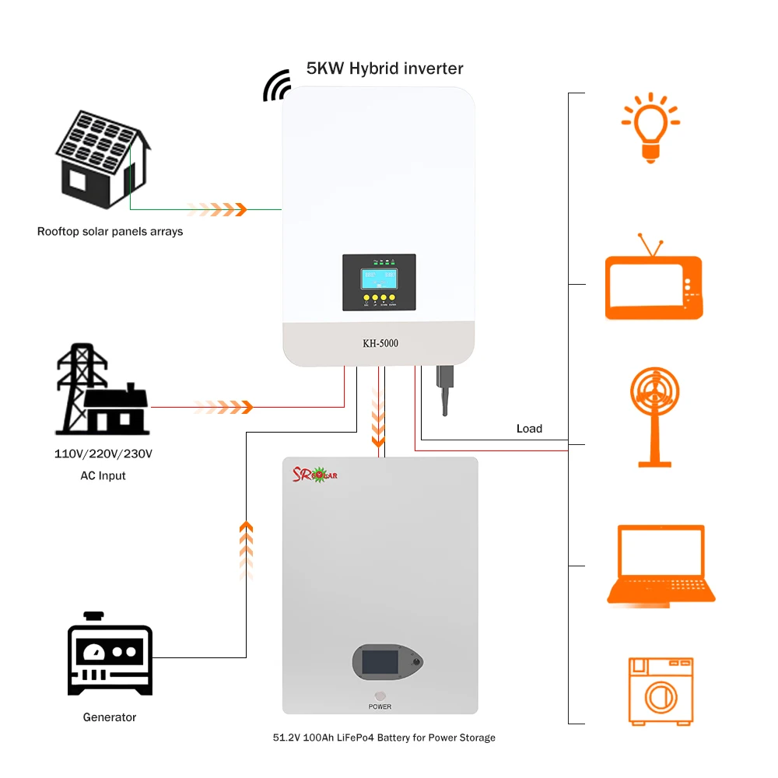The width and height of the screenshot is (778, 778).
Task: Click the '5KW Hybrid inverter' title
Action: [x=384, y=68]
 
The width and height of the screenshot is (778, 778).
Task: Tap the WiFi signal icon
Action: [x=277, y=86]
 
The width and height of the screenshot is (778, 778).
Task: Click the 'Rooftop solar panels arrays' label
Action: [x=110, y=231]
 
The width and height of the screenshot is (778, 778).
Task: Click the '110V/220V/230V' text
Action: [x=103, y=454]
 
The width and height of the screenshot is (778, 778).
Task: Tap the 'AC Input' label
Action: [x=103, y=475]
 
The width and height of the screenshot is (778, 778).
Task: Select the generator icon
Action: [x=110, y=654]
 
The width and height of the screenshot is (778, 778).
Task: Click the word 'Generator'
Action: [x=110, y=717]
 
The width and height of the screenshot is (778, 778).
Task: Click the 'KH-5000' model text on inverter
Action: [x=380, y=343]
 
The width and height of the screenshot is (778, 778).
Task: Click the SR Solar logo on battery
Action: [x=314, y=475]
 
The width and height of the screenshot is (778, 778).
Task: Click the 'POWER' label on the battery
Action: [x=380, y=706]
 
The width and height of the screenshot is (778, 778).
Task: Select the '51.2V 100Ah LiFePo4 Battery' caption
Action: [x=384, y=738]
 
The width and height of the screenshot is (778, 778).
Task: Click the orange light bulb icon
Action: [x=650, y=127]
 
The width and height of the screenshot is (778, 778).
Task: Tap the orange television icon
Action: [x=654, y=281]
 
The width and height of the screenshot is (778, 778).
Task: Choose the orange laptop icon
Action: [x=661, y=565]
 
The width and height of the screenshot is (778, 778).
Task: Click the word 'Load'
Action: [x=529, y=429]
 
